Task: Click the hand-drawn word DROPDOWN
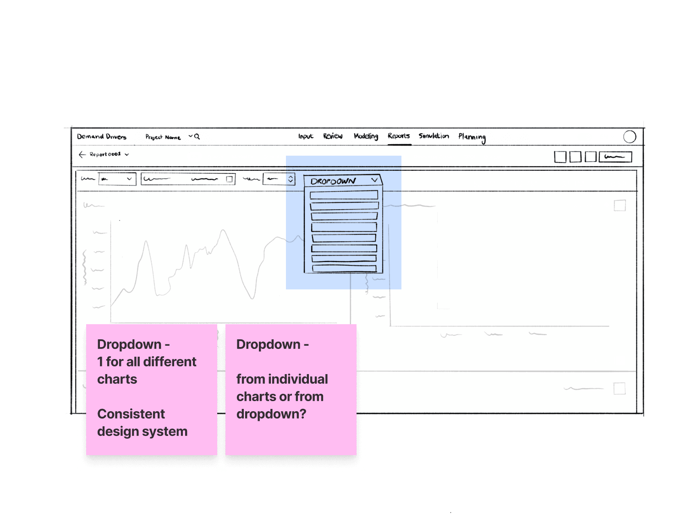click(x=333, y=181)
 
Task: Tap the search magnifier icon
click(x=197, y=136)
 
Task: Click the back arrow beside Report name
click(x=83, y=155)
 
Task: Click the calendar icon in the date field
click(x=230, y=179)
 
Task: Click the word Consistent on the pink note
click(x=131, y=414)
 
